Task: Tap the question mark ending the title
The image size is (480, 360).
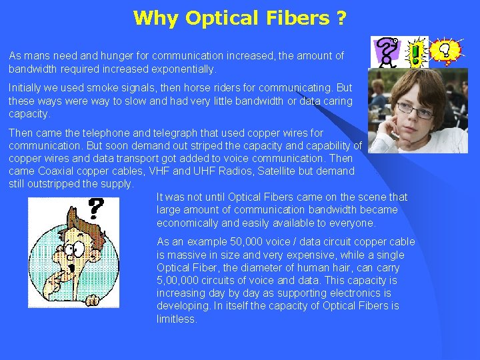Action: click(x=341, y=18)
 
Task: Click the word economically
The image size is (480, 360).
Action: click(x=187, y=223)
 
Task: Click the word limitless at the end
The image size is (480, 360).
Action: click(x=177, y=319)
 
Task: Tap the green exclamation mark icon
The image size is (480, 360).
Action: click(x=417, y=51)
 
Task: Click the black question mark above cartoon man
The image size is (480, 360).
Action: click(x=96, y=209)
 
